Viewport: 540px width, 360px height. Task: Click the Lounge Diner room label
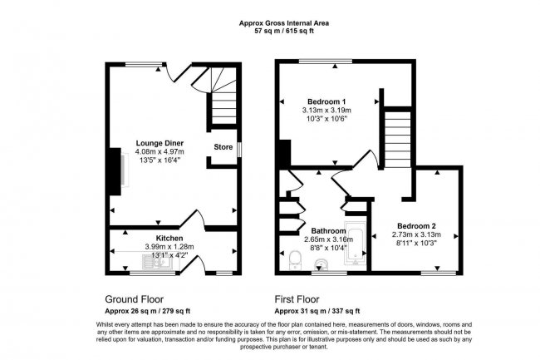(x=160, y=143)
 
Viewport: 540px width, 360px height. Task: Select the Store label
(x=223, y=147)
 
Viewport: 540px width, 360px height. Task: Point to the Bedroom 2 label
(x=415, y=226)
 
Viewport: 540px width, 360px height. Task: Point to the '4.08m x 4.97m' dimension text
(x=160, y=152)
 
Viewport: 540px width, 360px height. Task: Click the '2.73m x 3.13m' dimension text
(x=415, y=235)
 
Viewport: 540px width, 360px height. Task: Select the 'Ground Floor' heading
(x=134, y=298)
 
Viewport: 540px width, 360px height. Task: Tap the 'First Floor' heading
(x=300, y=298)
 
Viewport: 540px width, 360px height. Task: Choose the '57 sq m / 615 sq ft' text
(x=272, y=31)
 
